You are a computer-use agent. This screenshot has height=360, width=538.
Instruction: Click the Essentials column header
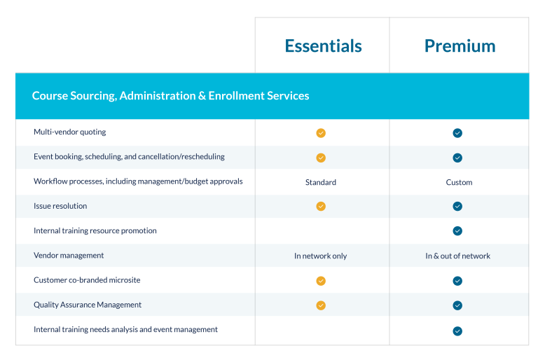pos(323,46)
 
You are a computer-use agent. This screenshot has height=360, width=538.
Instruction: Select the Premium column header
pos(460,46)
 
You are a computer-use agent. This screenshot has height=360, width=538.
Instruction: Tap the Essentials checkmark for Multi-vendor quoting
pos(321,133)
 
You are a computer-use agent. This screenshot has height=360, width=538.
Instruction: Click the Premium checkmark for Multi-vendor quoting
pos(457,133)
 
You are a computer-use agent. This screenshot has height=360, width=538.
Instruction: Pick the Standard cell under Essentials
pos(321,182)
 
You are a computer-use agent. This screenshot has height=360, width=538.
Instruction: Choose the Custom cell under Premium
pos(459,182)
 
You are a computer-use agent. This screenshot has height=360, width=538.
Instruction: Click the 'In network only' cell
pos(321,256)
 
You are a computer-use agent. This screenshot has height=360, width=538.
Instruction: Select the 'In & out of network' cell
pos(457,256)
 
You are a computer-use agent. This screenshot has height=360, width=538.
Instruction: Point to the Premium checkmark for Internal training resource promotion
pos(457,231)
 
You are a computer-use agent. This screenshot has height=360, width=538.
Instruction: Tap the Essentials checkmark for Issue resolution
pos(321,207)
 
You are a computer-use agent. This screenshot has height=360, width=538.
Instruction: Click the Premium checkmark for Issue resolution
pos(457,207)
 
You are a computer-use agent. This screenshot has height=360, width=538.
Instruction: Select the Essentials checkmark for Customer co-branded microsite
pos(321,281)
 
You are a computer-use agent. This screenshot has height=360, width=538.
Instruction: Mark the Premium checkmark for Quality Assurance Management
pos(457,305)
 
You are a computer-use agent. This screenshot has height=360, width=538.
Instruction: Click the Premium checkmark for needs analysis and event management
pos(457,331)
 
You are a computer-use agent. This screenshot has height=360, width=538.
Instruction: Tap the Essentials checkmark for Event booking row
pos(321,158)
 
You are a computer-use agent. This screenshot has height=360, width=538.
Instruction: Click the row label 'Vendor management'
pos(69,256)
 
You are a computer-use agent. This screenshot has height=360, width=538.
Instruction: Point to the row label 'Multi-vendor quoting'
pos(70,132)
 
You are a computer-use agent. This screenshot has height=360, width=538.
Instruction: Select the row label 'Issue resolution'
pos(60,206)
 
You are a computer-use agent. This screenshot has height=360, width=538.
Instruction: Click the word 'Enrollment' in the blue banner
pos(237,95)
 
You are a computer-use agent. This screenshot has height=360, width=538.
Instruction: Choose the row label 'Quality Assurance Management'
pos(88,305)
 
